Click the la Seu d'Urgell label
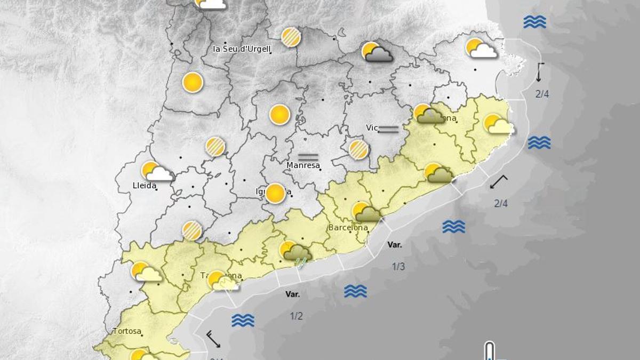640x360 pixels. (242, 49)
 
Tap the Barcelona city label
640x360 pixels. (348, 228)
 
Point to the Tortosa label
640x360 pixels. (127, 331)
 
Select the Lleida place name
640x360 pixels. (144, 186)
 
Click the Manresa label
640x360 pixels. (303, 165)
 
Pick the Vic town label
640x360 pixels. (372, 127)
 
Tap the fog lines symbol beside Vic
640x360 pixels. (389, 129)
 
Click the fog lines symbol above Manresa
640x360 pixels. (308, 157)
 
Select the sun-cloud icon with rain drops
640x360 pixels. (296, 253)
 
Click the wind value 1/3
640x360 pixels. (398, 267)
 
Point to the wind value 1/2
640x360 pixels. (296, 316)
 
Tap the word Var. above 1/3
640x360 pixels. (395, 245)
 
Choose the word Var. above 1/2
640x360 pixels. (292, 294)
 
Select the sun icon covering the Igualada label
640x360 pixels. (276, 193)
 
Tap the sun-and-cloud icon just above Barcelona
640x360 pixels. (366, 212)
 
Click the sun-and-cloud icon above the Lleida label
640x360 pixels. (157, 172)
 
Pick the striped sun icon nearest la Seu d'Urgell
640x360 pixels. (291, 37)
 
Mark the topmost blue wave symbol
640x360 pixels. (534, 22)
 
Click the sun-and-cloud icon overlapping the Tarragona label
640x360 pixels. (222, 281)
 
